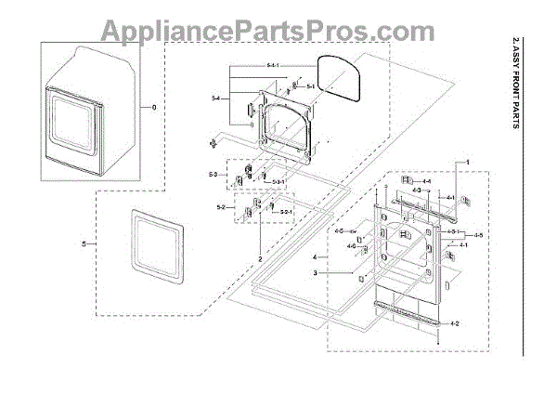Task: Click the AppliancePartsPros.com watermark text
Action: tap(279, 34)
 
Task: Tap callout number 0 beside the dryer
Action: tap(154, 108)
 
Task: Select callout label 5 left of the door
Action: tap(84, 243)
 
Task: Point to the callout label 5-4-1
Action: tap(247, 65)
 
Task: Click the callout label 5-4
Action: tap(215, 98)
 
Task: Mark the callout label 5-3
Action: tap(213, 175)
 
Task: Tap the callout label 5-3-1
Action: tap(279, 182)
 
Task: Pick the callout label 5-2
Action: tap(221, 206)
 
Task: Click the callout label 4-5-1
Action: tap(453, 230)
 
